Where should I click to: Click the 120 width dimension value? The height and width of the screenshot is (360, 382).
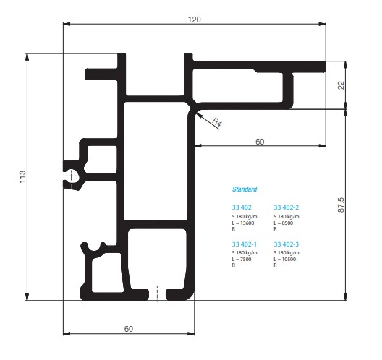[195, 20]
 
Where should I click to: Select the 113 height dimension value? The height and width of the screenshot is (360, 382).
[22, 177]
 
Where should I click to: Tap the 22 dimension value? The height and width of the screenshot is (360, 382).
[341, 85]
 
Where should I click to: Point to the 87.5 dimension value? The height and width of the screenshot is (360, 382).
[341, 205]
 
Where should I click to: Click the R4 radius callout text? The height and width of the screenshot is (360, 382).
[217, 122]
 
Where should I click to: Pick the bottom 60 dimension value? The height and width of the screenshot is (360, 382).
[129, 329]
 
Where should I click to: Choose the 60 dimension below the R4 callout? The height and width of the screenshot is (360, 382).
[260, 142]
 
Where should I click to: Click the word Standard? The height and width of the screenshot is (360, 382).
[245, 189]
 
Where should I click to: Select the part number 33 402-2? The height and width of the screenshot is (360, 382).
[286, 207]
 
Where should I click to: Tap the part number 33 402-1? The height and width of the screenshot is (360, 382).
[245, 244]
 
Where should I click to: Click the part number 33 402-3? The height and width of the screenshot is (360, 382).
[286, 244]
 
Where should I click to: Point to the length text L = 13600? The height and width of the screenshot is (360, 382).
[243, 223]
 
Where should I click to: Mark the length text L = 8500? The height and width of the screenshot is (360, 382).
[284, 223]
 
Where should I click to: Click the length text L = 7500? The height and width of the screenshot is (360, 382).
[242, 260]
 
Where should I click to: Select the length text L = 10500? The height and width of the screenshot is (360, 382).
[285, 260]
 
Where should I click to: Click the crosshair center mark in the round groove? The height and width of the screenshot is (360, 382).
[71, 176]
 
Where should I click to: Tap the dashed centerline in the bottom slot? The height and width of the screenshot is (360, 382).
[157, 293]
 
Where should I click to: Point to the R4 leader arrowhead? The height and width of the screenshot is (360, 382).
[198, 115]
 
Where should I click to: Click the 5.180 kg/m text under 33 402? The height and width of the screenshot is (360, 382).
[245, 217]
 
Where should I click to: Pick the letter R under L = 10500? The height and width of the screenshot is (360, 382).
[276, 265]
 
